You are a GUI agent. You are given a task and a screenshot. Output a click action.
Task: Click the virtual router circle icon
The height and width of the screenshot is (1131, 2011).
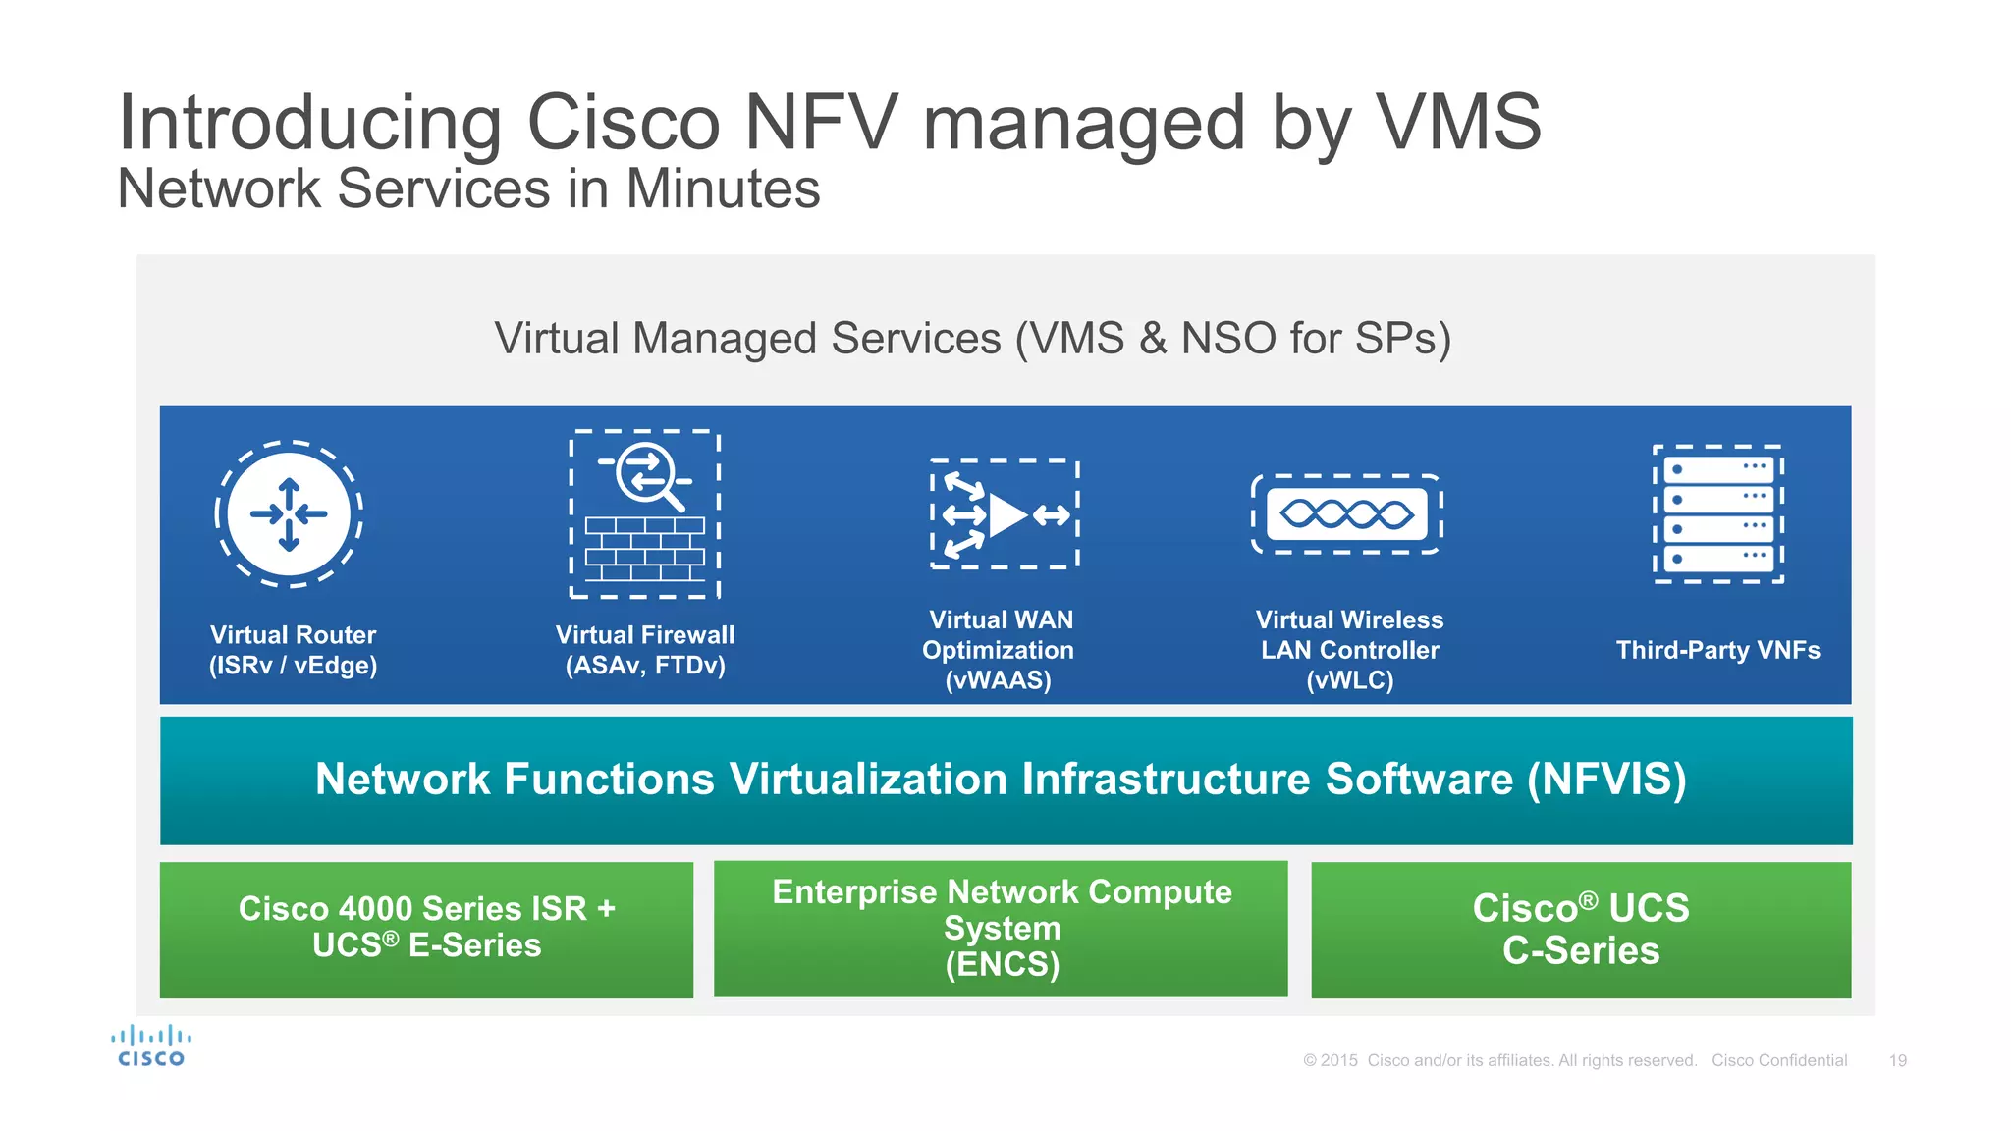pyautogui.click(x=289, y=513)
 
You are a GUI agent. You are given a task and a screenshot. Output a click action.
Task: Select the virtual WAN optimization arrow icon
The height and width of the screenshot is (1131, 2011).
pyautogui.click(x=1005, y=514)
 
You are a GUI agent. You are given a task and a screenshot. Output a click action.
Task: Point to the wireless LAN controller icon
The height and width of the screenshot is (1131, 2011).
pyautogui.click(x=1346, y=513)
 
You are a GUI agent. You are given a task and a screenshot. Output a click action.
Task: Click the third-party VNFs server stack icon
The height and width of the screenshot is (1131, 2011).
pyautogui.click(x=1718, y=513)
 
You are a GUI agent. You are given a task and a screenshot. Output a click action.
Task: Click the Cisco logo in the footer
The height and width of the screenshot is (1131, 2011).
pyautogui.click(x=151, y=1047)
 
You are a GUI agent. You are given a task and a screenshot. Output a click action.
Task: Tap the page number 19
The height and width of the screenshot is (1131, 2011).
pyautogui.click(x=1898, y=1060)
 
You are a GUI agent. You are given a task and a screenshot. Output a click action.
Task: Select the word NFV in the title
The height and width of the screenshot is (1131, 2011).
pyautogui.click(x=821, y=123)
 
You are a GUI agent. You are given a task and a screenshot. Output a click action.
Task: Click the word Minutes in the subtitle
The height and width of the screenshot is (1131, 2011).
pyautogui.click(x=723, y=188)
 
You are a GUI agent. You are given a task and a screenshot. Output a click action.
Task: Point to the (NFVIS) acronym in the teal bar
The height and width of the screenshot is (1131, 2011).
pyautogui.click(x=1606, y=780)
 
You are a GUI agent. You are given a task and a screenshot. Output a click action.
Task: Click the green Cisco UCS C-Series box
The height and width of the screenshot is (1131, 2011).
pyautogui.click(x=1581, y=930)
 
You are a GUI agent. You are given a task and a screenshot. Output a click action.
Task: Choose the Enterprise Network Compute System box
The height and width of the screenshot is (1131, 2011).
pyautogui.click(x=1001, y=929)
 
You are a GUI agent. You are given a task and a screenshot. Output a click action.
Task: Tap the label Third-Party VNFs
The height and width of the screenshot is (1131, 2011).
pyautogui.click(x=1718, y=650)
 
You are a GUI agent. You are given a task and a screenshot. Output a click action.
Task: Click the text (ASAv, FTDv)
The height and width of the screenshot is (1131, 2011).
pyautogui.click(x=645, y=666)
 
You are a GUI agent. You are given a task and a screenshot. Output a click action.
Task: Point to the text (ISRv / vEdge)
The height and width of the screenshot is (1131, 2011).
pyautogui.click(x=293, y=666)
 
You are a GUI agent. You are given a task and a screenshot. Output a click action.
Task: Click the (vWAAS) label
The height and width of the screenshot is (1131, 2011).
pyautogui.click(x=998, y=680)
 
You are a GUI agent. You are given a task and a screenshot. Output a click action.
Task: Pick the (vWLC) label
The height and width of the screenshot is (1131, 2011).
pyautogui.click(x=1350, y=680)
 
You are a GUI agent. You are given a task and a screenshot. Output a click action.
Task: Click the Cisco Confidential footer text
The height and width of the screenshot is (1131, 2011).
pyautogui.click(x=1779, y=1060)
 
